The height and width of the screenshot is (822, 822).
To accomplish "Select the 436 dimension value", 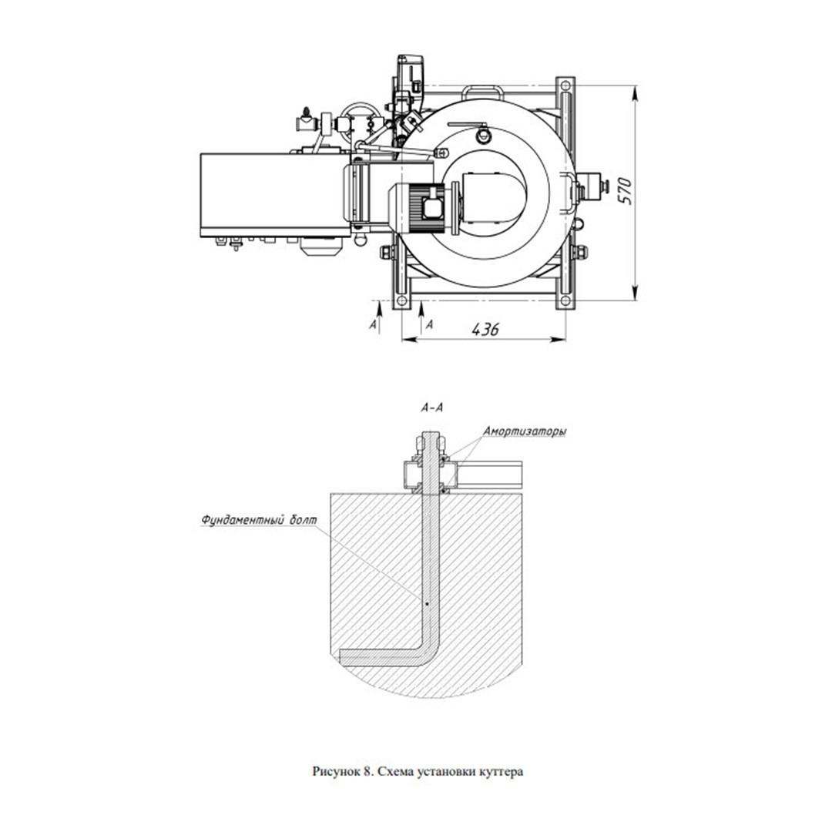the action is click(485, 329).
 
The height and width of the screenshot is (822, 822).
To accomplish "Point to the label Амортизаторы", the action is click(524, 432).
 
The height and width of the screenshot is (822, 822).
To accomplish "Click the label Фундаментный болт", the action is click(259, 520).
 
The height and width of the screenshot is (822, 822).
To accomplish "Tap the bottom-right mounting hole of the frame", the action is click(565, 301).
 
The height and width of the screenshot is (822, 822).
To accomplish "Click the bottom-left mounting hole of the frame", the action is click(402, 301).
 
